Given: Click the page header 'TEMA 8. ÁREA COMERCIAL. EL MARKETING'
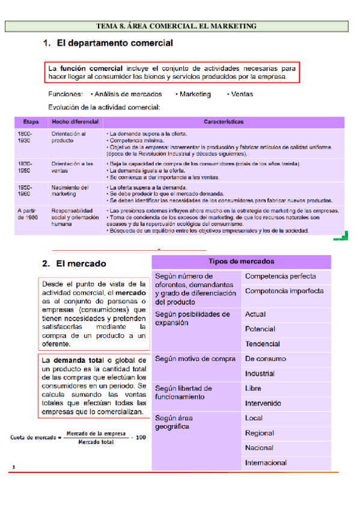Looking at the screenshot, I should click(x=176, y=26).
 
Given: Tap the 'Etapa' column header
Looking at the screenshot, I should click(x=31, y=121).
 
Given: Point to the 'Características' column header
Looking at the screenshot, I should click(x=224, y=121).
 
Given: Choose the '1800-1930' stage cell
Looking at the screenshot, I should click(x=25, y=137).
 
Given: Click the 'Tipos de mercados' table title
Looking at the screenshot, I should click(x=241, y=262).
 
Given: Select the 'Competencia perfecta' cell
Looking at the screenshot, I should click(x=280, y=277).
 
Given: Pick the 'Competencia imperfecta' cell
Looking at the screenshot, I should click(x=284, y=291).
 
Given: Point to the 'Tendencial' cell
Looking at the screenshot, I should click(x=262, y=344).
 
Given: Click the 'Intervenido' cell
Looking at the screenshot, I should click(x=263, y=403).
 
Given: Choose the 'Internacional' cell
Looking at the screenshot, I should click(x=266, y=462).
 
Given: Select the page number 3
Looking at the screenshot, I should click(x=13, y=467).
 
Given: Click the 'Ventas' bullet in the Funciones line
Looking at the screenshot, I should click(x=242, y=94).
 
